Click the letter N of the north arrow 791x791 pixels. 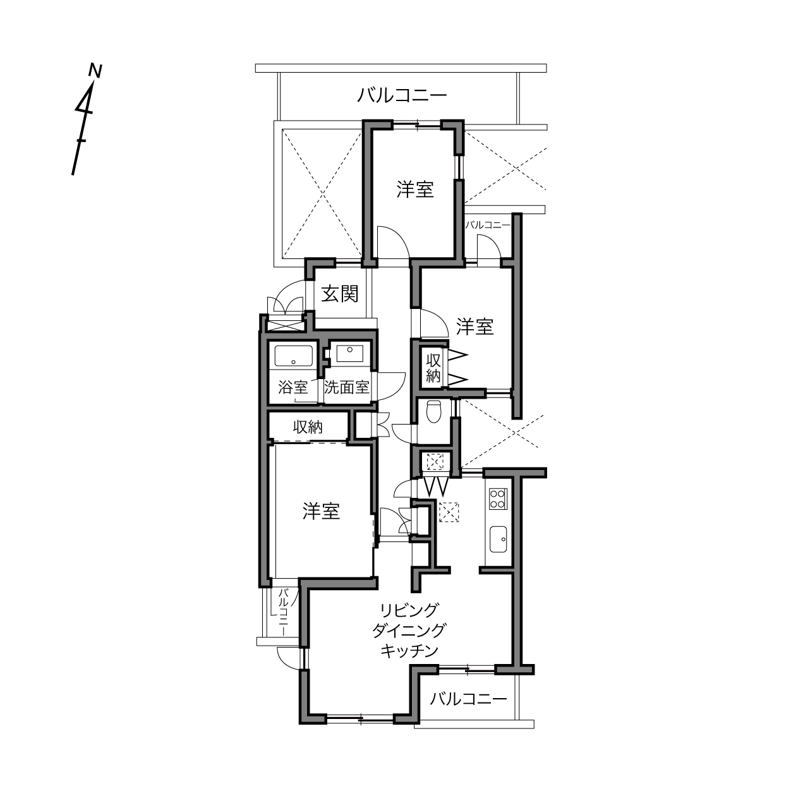click(95, 71)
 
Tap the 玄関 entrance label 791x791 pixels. click(339, 294)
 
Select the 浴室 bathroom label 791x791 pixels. click(293, 387)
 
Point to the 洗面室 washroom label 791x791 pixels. click(346, 387)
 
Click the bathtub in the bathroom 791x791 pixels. click(293, 356)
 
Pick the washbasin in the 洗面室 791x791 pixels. click(349, 353)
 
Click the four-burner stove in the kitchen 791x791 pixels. click(498, 498)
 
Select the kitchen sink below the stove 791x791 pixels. click(498, 540)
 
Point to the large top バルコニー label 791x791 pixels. click(402, 95)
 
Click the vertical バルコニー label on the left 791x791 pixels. click(284, 612)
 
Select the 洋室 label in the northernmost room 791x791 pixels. click(415, 190)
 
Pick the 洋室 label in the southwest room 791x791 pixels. click(321, 512)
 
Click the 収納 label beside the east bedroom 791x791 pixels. click(433, 368)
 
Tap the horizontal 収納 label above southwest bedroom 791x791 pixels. click(308, 427)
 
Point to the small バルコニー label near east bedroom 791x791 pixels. click(488, 225)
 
